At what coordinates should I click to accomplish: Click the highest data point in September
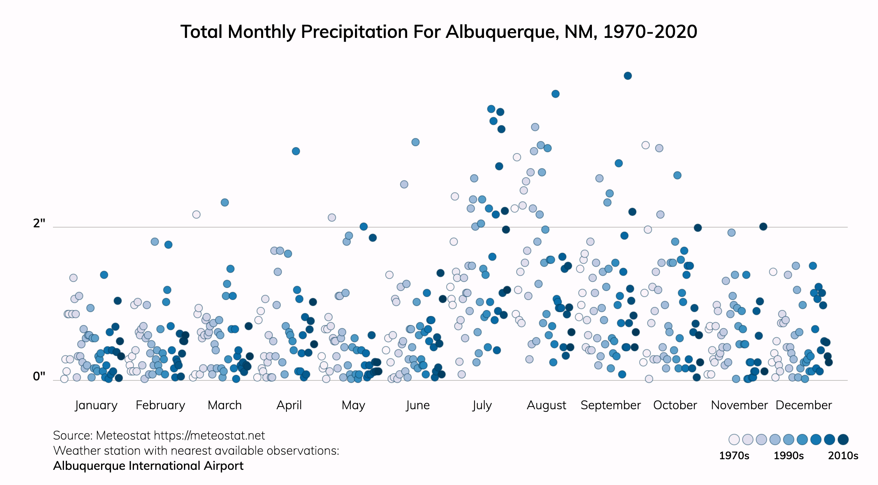point(627,76)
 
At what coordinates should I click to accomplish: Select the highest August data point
point(555,94)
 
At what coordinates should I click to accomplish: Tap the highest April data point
point(296,151)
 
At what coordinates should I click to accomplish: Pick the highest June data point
point(415,142)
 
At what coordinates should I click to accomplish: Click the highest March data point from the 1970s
point(196,214)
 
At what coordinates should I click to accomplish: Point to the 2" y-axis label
point(39,223)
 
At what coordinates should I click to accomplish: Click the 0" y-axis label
point(39,376)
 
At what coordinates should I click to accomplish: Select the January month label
point(96,405)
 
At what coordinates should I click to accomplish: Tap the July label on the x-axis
point(482,405)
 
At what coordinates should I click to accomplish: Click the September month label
point(610,405)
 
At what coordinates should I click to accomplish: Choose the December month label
point(803,405)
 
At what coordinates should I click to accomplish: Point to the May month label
point(353,405)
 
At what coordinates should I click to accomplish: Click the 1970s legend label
point(734,455)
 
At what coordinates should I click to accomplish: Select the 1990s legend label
point(788,455)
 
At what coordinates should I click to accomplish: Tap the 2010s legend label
point(843,455)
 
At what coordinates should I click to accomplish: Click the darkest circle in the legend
point(843,440)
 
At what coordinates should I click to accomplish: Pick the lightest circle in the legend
point(734,440)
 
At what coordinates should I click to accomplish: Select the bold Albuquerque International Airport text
point(148,466)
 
